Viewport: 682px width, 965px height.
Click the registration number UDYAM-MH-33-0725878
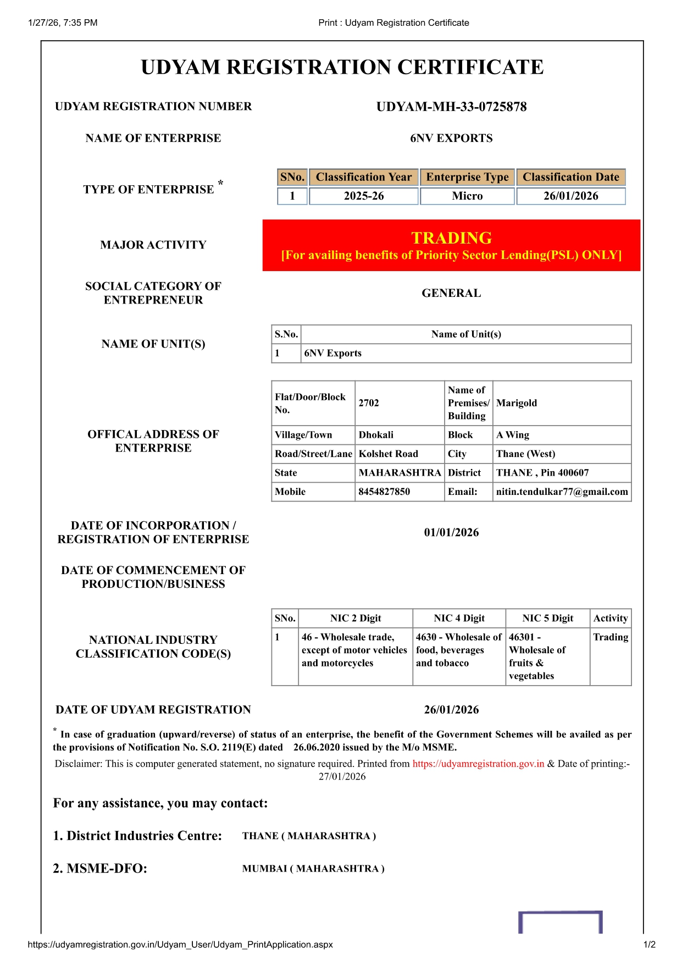451,107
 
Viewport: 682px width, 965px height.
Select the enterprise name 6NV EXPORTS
451,138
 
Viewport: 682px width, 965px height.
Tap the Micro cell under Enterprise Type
467,196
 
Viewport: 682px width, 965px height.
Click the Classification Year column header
363,177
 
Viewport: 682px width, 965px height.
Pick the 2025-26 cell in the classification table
363,196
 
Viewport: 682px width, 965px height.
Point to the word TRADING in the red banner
451,238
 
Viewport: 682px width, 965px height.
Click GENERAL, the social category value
451,293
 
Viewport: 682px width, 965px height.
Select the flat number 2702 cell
369,403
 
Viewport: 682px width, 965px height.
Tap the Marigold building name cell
517,403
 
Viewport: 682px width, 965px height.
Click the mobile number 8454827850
384,492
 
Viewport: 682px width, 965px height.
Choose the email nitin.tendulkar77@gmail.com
562,492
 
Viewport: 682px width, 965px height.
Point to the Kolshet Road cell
389,454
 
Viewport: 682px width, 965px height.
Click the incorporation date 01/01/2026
451,532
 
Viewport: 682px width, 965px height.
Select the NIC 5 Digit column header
547,618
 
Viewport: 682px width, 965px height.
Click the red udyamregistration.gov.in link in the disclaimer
478,764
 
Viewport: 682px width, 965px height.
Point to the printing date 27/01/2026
342,776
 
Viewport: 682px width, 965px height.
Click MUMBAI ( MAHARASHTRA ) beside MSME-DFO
313,869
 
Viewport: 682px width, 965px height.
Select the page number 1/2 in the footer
649,945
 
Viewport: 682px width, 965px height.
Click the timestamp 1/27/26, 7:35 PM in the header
63,23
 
